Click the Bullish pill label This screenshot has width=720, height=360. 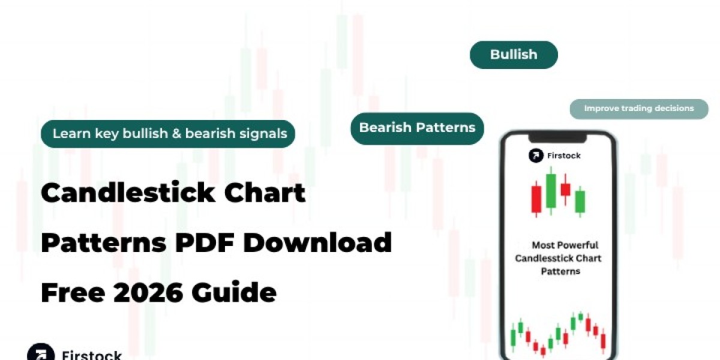point(514,55)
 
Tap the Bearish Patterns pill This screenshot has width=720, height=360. point(417,128)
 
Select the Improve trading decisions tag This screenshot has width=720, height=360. point(638,109)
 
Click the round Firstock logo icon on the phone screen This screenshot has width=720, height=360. point(536,155)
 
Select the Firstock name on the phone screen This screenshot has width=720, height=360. point(564,155)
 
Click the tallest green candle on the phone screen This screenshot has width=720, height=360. point(551,190)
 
